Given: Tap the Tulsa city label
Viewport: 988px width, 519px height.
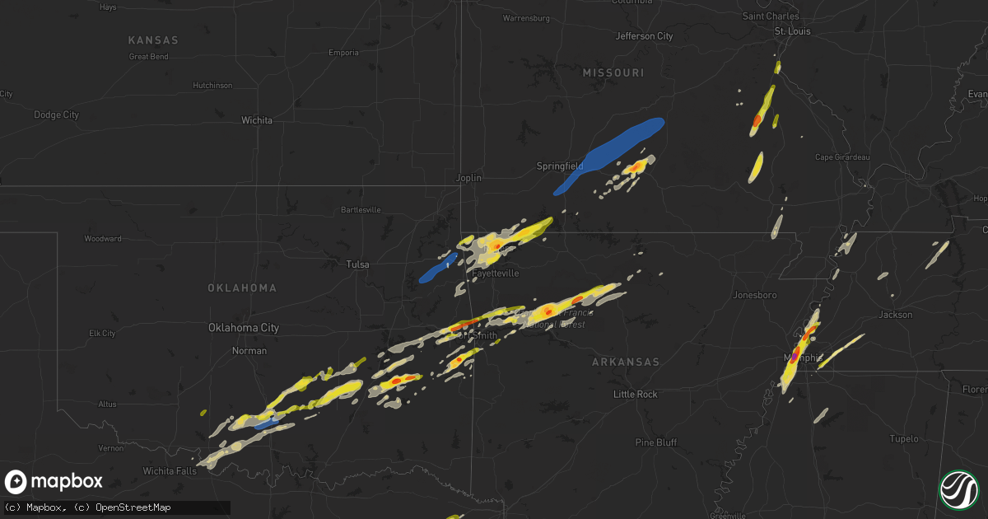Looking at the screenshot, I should click(357, 264).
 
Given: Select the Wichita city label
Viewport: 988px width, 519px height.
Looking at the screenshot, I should click(257, 120).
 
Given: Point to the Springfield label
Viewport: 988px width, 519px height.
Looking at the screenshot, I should click(560, 166).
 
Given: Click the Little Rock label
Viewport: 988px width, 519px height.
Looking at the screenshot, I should click(636, 395).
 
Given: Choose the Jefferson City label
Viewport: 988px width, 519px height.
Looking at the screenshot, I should click(644, 36).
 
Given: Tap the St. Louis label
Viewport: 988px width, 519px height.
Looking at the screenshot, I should click(792, 31).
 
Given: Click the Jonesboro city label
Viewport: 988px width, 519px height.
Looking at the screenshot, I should click(755, 294).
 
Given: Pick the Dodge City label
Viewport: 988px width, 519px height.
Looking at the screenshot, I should click(56, 115).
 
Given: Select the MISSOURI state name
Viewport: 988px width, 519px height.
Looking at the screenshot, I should click(613, 73).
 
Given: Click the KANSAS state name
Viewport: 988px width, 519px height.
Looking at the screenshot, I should click(153, 40).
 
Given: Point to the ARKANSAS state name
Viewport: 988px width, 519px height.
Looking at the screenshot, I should click(627, 362).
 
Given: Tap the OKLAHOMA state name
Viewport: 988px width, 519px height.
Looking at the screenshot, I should click(242, 288).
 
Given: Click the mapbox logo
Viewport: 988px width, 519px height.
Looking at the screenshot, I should click(54, 482).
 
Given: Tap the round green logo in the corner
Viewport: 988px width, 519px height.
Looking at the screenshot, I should click(958, 489).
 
